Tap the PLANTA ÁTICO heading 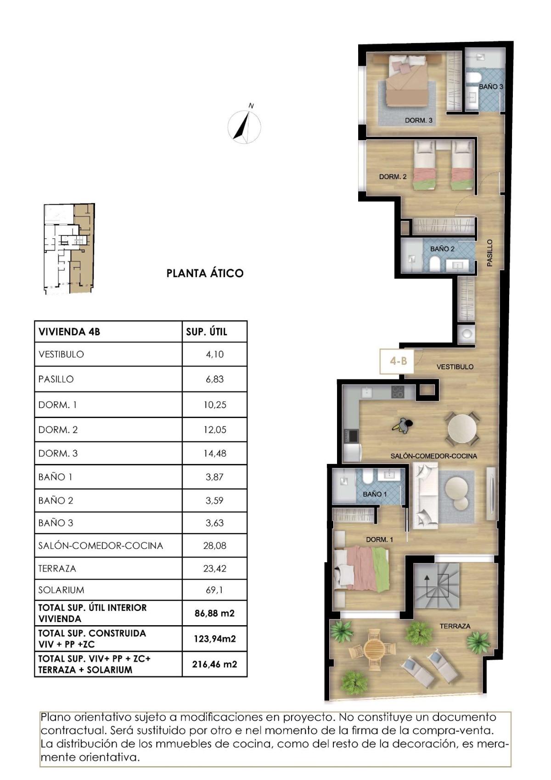pyautogui.click(x=205, y=273)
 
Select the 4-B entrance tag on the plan pyautogui.click(x=398, y=361)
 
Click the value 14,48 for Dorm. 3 pyautogui.click(x=214, y=453)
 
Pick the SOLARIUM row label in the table pyautogui.click(x=61, y=590)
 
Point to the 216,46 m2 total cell pyautogui.click(x=214, y=664)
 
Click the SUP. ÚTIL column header pyautogui.click(x=207, y=332)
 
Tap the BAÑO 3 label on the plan pyautogui.click(x=491, y=86)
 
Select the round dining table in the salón pyautogui.click(x=462, y=428)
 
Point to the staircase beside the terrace pyautogui.click(x=436, y=585)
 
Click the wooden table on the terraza pyautogui.click(x=376, y=648)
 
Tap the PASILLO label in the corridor pyautogui.click(x=489, y=253)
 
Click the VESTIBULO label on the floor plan pyautogui.click(x=455, y=367)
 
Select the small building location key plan pyautogui.click(x=69, y=249)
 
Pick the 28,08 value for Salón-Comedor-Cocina pyautogui.click(x=214, y=546)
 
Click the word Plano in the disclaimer pyautogui.click(x=56, y=717)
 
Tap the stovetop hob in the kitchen pyautogui.click(x=398, y=392)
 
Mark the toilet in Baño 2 pyautogui.click(x=434, y=263)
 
